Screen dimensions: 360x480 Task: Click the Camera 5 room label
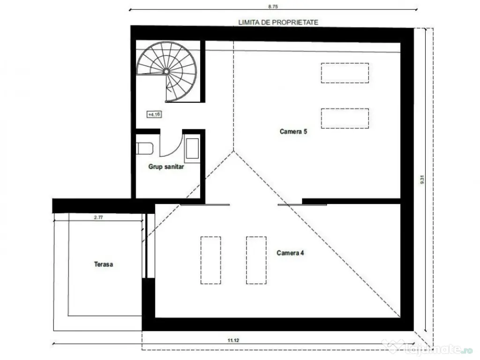point(293,132)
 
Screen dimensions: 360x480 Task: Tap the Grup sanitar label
point(166,166)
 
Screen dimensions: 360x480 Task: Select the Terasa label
point(104,264)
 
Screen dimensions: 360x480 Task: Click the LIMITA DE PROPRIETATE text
point(278,22)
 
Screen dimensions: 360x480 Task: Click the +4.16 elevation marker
point(153,114)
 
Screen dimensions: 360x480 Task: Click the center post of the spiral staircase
point(166,71)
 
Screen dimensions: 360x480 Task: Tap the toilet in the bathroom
point(145,148)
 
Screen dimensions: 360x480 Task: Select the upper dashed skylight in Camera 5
point(345,73)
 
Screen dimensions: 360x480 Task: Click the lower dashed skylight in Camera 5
point(345,118)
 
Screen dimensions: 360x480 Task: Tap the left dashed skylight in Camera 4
point(210,260)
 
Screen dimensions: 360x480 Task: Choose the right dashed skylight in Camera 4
point(256,260)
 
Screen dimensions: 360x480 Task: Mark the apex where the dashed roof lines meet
point(234,151)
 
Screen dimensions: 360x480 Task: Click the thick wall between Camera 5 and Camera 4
point(352,201)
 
